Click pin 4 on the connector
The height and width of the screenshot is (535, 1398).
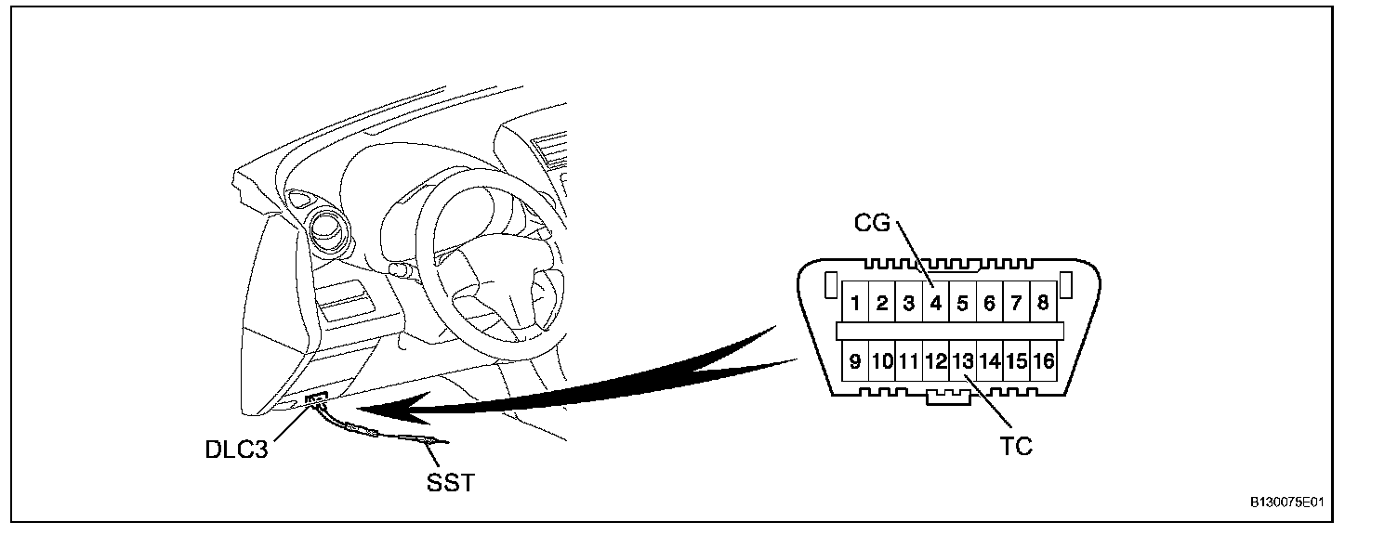936,303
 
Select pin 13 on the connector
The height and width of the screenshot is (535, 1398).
963,361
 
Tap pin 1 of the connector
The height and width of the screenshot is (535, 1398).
855,303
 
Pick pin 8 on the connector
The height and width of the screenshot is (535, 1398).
1043,303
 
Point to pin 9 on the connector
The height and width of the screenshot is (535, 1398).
855,361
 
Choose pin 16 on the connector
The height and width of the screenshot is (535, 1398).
1044,361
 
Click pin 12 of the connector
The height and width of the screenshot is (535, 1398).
936,361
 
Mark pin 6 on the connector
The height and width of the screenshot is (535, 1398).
990,303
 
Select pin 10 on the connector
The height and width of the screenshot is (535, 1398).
882,361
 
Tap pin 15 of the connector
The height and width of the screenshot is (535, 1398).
1017,361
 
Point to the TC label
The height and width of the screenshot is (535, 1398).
1016,446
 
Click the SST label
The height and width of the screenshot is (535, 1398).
449,483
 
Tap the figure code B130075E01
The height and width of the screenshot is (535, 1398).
1286,502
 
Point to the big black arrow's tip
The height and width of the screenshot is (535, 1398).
363,410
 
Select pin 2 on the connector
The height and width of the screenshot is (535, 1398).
882,303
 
